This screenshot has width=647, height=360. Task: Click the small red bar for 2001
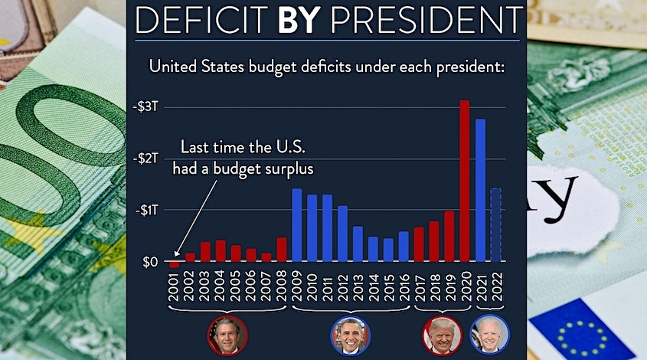175,264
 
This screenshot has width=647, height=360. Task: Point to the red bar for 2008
282,250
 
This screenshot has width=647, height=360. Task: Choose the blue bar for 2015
388,250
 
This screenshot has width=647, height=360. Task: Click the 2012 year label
342,289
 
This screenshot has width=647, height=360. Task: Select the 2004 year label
221,289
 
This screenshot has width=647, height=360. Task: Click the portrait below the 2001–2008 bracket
227,335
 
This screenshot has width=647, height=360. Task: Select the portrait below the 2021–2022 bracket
488,335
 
